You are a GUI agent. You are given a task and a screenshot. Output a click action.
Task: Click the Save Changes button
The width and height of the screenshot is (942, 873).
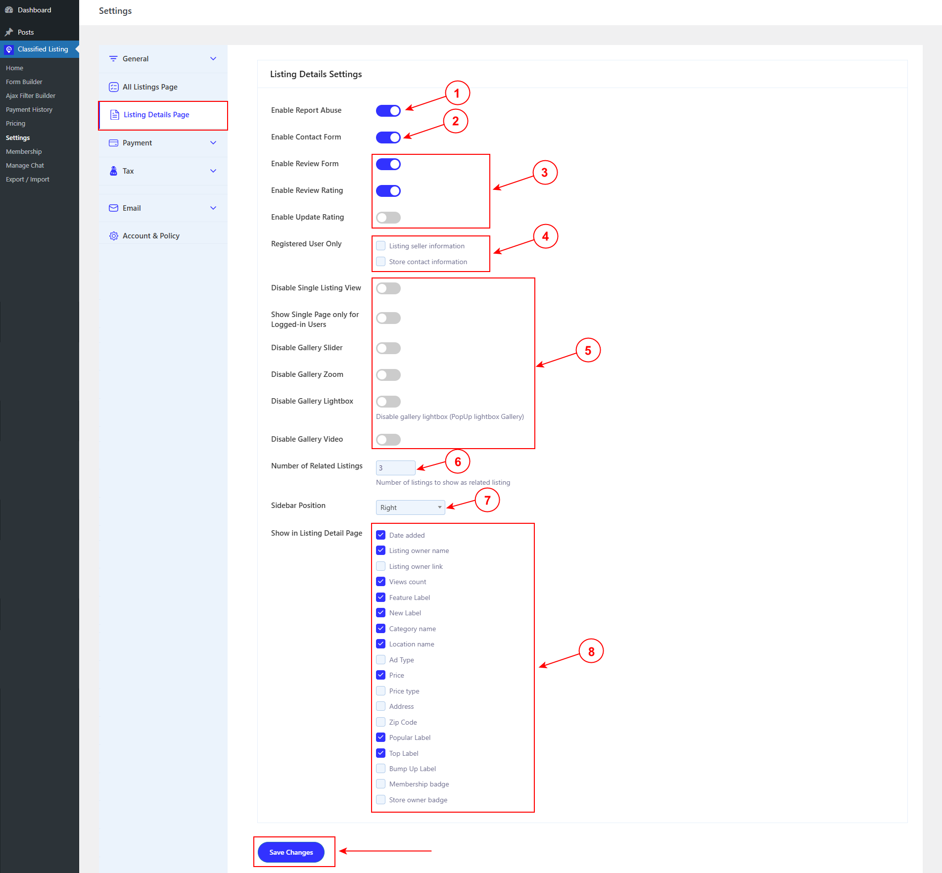[x=291, y=852]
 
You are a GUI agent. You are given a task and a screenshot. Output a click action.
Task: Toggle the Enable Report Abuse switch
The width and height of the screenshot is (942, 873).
[x=388, y=111]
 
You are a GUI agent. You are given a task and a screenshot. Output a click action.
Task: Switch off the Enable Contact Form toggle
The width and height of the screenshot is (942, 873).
[x=388, y=138]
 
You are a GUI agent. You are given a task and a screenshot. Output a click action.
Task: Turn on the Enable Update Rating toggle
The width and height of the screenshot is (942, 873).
[x=388, y=218]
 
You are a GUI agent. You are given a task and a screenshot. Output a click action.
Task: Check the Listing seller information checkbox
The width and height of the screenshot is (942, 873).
[x=381, y=246]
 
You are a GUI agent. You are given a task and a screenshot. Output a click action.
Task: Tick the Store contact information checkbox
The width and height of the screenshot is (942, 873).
[x=381, y=262]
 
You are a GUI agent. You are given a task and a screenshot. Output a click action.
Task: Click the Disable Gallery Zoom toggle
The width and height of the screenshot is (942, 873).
[x=388, y=375]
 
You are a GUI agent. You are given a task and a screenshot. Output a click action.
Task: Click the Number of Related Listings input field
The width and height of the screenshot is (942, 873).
[x=395, y=468]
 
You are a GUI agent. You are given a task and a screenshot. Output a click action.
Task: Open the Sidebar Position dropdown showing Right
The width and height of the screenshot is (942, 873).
[x=410, y=507]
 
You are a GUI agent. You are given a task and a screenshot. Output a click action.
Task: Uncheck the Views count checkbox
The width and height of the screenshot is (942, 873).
[x=381, y=582]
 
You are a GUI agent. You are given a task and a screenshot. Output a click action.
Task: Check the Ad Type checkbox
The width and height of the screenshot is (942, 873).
[x=381, y=660]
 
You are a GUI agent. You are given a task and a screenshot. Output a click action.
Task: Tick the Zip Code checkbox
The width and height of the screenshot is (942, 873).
[x=381, y=722]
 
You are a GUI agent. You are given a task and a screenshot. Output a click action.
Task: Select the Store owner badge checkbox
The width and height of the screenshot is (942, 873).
[x=381, y=800]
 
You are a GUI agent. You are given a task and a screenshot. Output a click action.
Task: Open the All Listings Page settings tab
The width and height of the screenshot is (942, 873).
[x=150, y=87]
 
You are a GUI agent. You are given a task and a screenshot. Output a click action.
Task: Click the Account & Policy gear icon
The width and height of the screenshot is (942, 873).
[x=114, y=236]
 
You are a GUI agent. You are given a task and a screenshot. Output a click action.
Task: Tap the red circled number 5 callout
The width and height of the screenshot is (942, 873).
[x=588, y=350]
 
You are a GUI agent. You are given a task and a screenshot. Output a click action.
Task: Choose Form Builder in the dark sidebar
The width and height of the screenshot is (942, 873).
[x=24, y=82]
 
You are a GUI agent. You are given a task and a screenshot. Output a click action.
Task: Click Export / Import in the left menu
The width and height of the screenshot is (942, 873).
[x=28, y=180]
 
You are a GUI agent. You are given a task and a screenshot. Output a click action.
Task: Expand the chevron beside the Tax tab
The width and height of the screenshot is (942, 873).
[x=213, y=171]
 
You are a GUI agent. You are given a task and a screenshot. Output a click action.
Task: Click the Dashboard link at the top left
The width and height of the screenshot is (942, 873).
[x=34, y=10]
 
